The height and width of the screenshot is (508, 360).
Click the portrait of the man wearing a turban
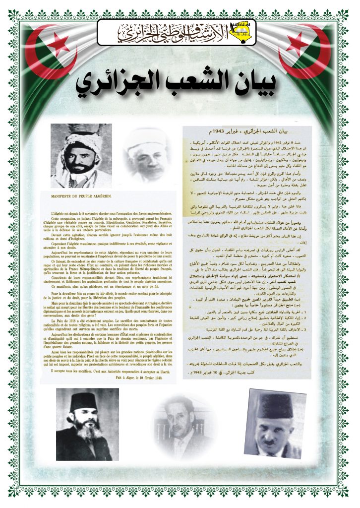[x=81, y=155]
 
